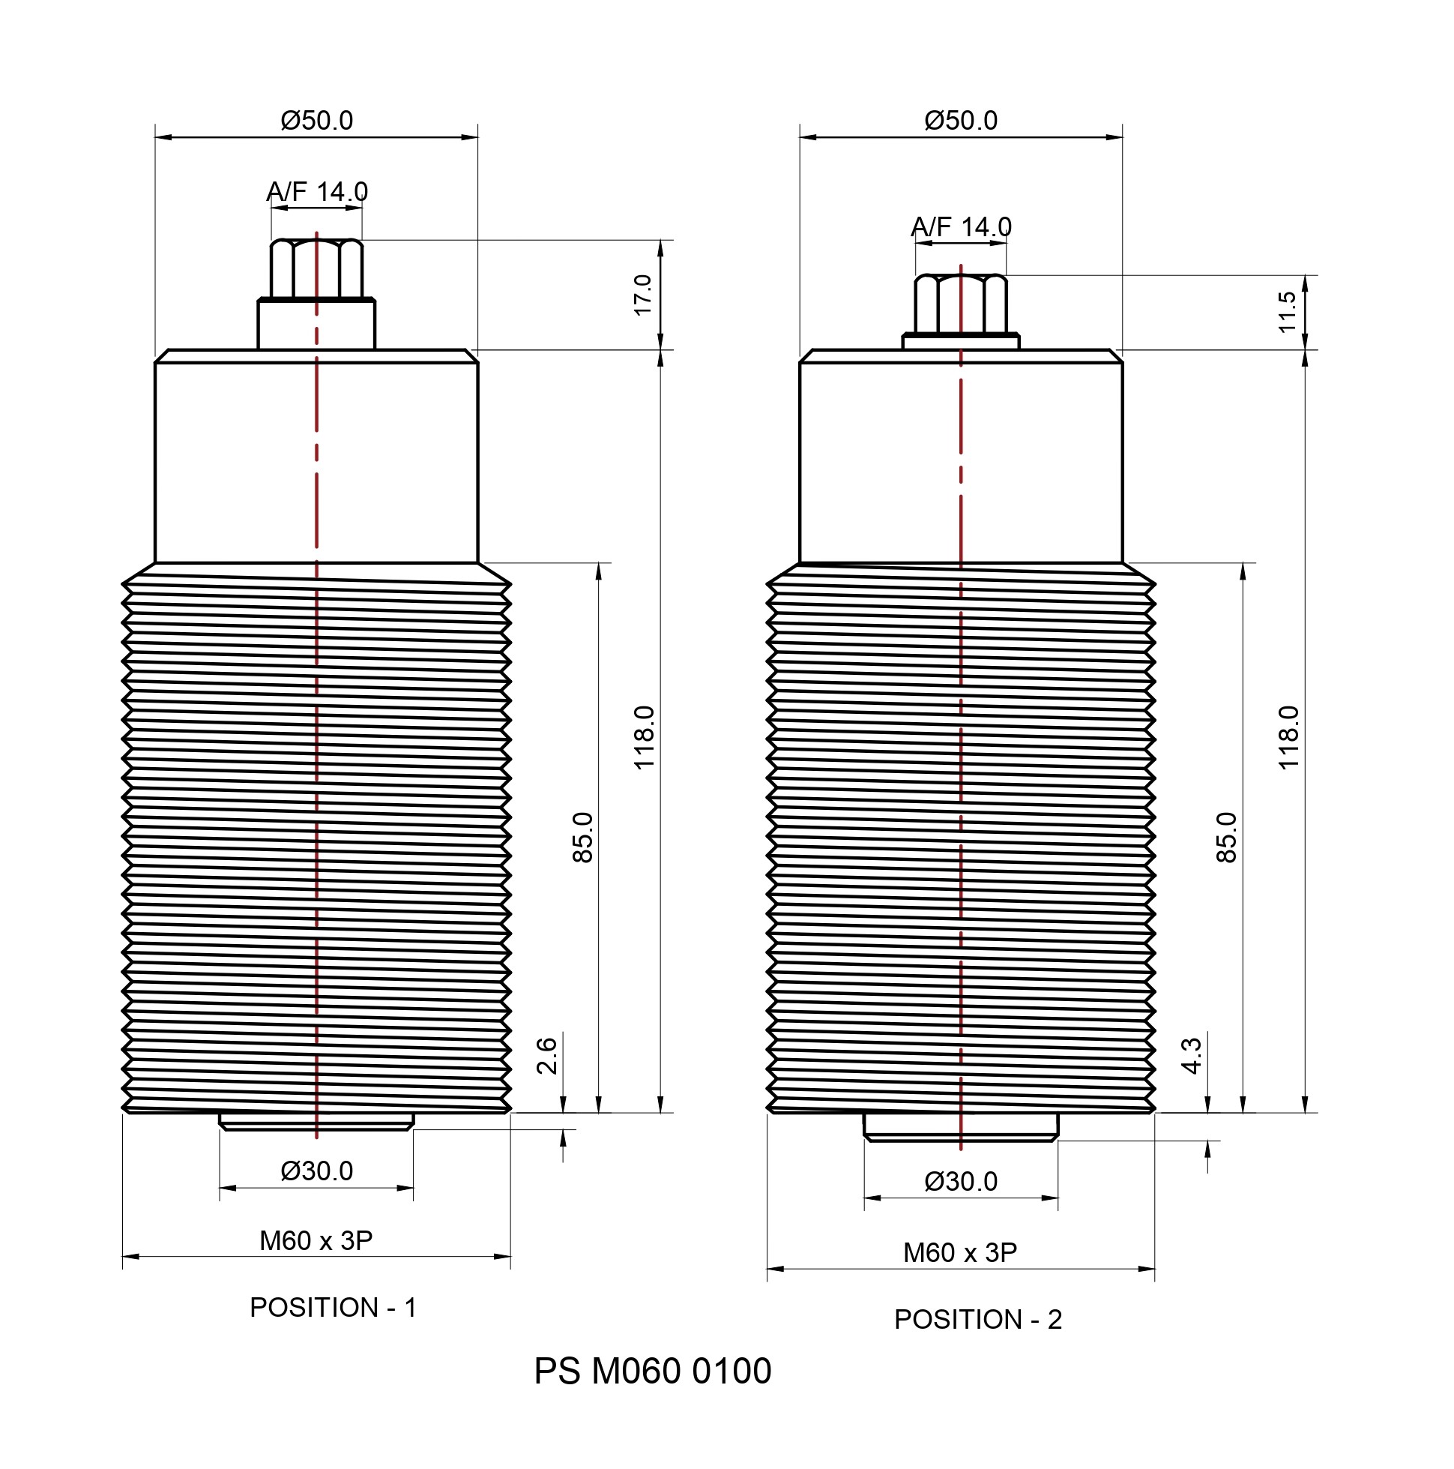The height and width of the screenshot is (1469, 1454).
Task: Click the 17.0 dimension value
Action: point(642,295)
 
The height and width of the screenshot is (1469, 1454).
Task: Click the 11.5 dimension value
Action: point(1287,312)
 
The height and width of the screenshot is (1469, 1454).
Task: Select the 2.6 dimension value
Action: point(546,1055)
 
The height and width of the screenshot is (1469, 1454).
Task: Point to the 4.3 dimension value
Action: point(1191,1055)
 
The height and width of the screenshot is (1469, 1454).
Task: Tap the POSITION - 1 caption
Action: point(333,1308)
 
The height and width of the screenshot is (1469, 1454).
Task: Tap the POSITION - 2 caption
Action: point(977,1320)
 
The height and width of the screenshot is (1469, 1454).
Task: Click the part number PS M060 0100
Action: point(652,1371)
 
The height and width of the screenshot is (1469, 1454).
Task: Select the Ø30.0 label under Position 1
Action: point(316,1171)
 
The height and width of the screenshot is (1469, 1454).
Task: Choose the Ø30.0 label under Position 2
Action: point(961,1182)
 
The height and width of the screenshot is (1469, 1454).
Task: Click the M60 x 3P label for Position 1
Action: point(316,1241)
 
